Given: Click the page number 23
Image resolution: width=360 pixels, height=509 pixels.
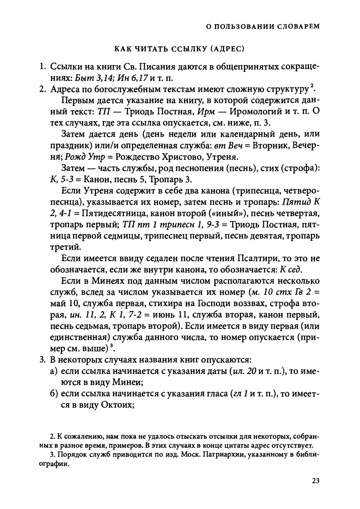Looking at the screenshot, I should point(316,481).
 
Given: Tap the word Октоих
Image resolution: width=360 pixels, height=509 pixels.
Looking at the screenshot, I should point(117,405).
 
